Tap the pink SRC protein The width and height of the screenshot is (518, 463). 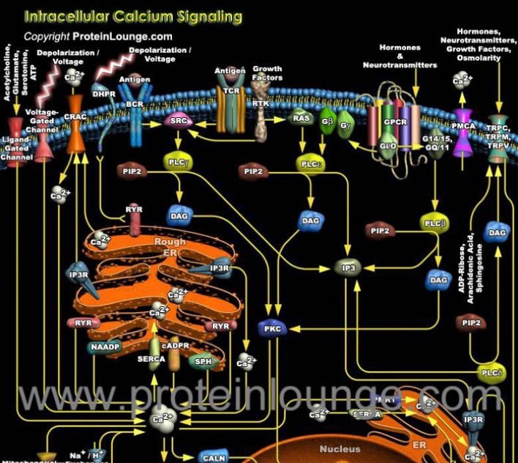click(x=179, y=122)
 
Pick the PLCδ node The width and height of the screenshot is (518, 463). click(x=491, y=373)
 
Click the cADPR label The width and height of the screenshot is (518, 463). click(x=176, y=344)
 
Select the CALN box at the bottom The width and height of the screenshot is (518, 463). click(x=213, y=457)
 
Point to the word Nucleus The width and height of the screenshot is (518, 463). click(x=339, y=448)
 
